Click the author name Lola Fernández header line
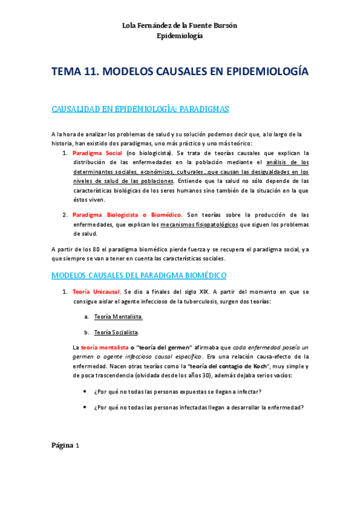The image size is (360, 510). (x=180, y=25)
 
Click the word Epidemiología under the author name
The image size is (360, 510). (x=180, y=36)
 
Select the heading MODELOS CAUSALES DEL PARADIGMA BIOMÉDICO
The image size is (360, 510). (x=139, y=275)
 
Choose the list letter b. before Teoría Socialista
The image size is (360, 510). (x=87, y=332)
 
